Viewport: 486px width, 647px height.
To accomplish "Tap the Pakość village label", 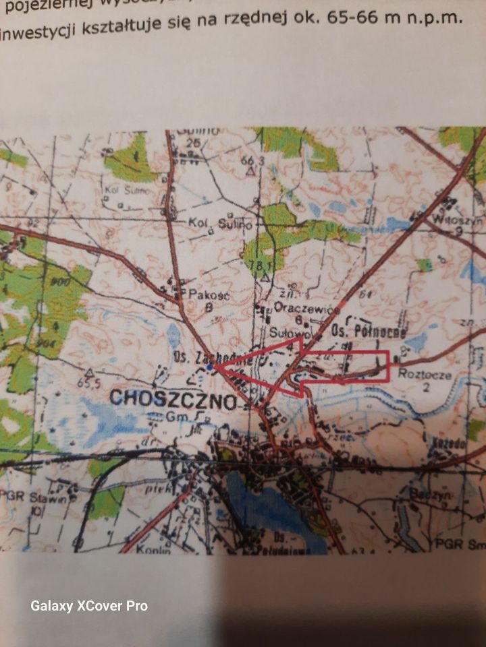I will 205,294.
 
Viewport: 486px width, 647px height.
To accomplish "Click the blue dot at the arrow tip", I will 211,367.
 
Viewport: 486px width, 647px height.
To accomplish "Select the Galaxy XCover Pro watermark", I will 88,606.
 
